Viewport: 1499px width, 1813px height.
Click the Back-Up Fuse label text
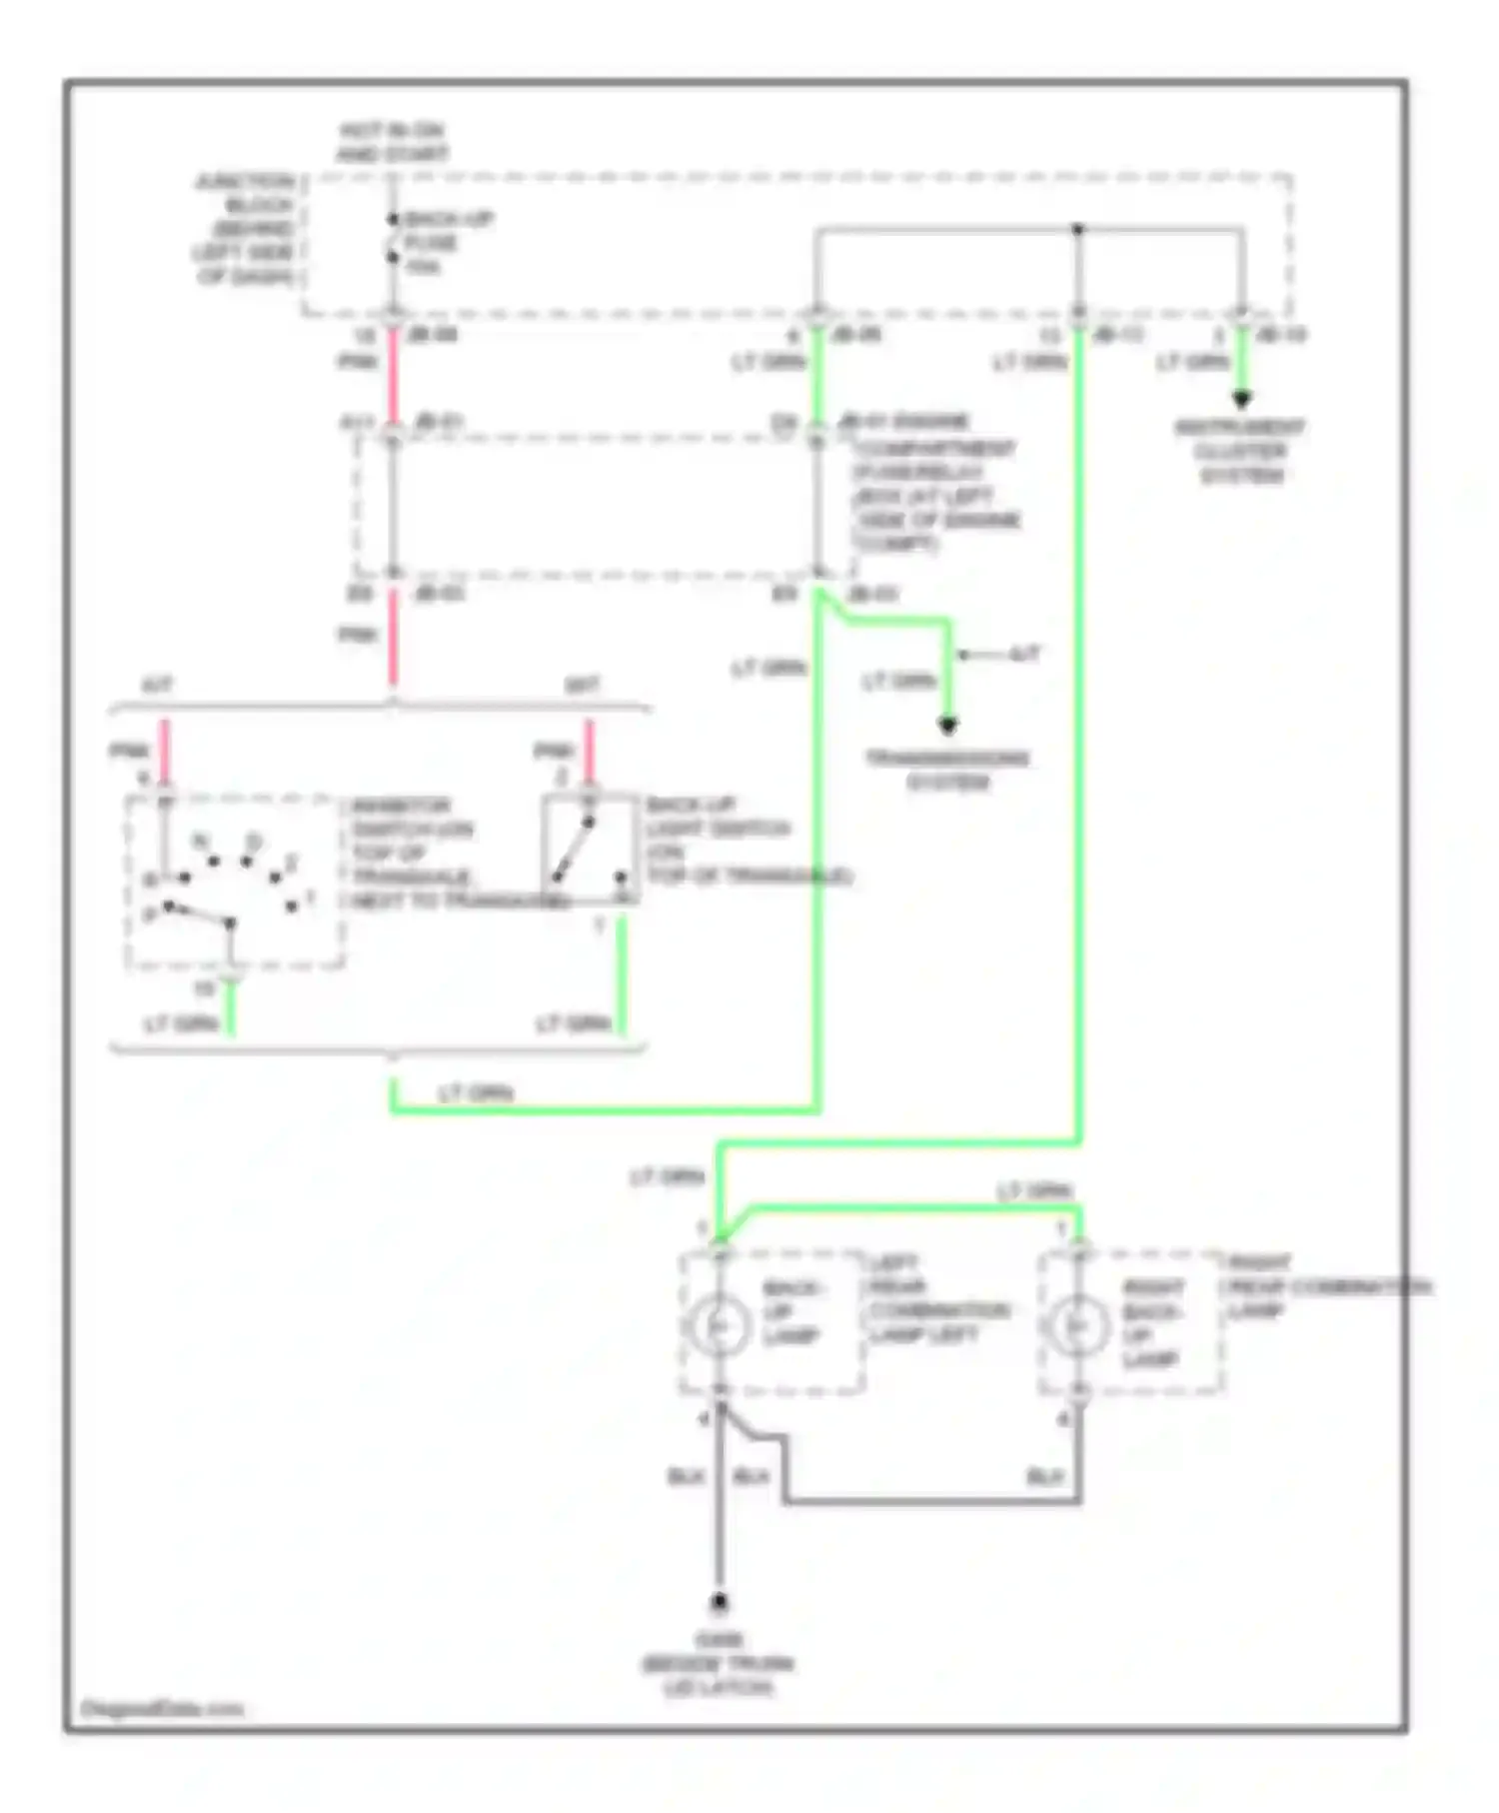pos(445,243)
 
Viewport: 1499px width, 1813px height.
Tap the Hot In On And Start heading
pos(391,143)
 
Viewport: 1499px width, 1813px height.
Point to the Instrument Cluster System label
pos(1240,451)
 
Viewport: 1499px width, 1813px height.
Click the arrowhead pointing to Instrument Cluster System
pos(1241,400)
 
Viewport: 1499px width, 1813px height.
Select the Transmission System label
pos(947,770)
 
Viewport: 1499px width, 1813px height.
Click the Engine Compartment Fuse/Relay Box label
pos(933,484)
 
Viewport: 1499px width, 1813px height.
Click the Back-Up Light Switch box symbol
pos(590,851)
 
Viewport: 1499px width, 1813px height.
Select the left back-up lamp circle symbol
pos(719,1325)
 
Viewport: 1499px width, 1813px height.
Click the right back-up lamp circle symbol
pos(1077,1325)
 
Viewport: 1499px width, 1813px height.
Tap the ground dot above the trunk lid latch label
pos(719,1603)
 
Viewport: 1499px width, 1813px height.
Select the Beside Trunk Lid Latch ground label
pos(718,1664)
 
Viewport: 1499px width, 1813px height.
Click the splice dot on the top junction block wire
pos(1077,230)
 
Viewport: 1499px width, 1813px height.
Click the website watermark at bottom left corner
pos(162,1710)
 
